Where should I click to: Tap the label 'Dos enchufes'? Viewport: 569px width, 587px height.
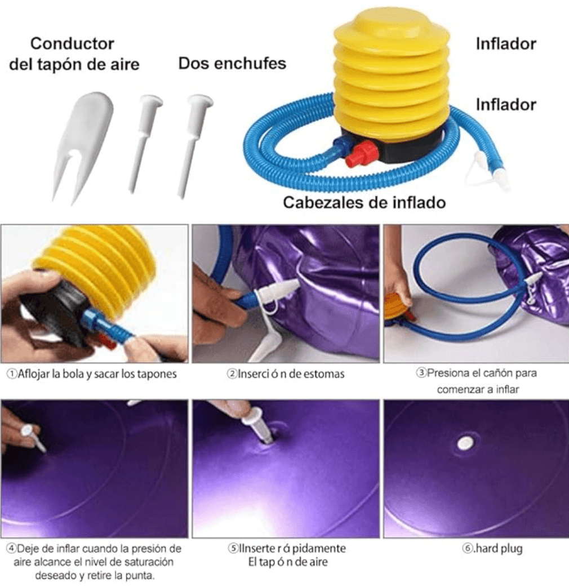232,63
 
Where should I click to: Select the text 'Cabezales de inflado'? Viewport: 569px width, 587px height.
364,202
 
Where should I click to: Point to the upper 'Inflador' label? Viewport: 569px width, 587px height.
505,44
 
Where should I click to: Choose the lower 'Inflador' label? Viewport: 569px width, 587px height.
505,104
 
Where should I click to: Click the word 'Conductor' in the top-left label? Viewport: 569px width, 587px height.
72,43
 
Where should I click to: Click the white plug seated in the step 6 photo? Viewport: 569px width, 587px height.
465,443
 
